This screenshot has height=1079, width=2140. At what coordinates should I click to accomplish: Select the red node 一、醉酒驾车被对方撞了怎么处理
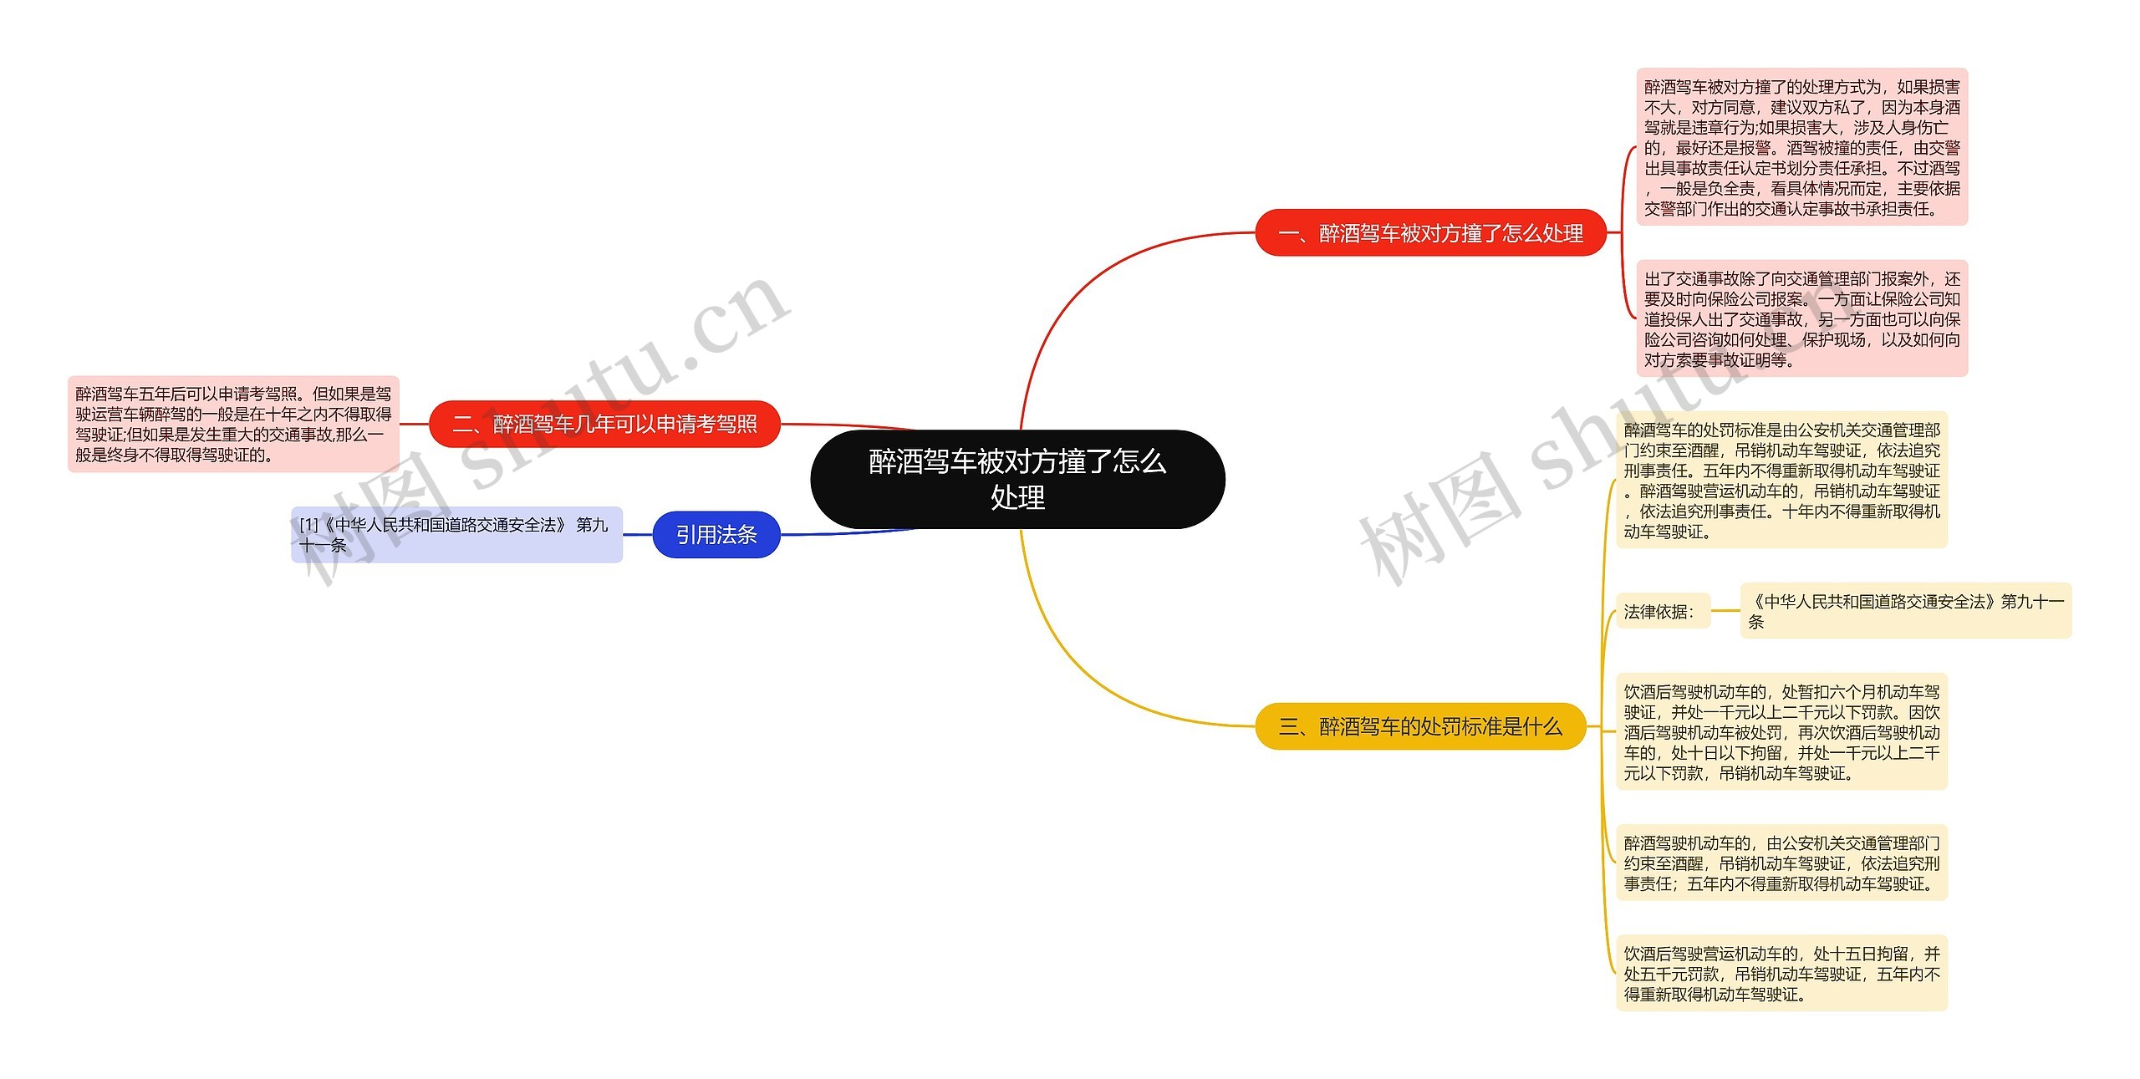tap(1430, 233)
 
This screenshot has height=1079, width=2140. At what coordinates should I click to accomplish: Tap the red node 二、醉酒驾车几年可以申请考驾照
tap(604, 425)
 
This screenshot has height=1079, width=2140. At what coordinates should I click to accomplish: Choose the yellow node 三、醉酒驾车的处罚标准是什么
tap(1420, 726)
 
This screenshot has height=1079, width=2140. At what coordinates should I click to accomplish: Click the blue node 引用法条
tap(716, 535)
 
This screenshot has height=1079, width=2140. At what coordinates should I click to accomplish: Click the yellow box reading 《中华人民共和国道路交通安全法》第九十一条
tap(1905, 611)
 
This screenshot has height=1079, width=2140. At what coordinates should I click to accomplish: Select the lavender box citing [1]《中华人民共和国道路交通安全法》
tap(456, 535)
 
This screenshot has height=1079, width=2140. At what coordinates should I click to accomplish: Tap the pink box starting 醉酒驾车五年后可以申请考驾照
tap(233, 425)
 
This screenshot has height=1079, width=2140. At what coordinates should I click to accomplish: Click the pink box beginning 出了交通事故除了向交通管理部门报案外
tap(1801, 318)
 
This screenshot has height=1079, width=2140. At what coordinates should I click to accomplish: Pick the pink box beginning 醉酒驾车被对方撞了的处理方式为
tap(1801, 147)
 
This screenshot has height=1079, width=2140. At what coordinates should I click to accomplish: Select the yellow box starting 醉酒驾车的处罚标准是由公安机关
tap(1781, 480)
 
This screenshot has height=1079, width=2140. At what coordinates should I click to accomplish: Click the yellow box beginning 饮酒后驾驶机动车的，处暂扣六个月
tap(1781, 732)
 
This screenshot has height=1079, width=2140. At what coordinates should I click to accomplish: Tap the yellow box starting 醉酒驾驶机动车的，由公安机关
tap(1781, 863)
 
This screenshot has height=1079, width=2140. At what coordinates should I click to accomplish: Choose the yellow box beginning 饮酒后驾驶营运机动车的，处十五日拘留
tap(1781, 974)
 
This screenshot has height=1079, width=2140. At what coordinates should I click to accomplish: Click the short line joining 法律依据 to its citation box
tap(1725, 611)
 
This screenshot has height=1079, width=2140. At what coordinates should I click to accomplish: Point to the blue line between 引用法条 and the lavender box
tap(638, 535)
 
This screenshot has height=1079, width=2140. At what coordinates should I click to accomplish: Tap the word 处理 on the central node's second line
tap(1017, 498)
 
